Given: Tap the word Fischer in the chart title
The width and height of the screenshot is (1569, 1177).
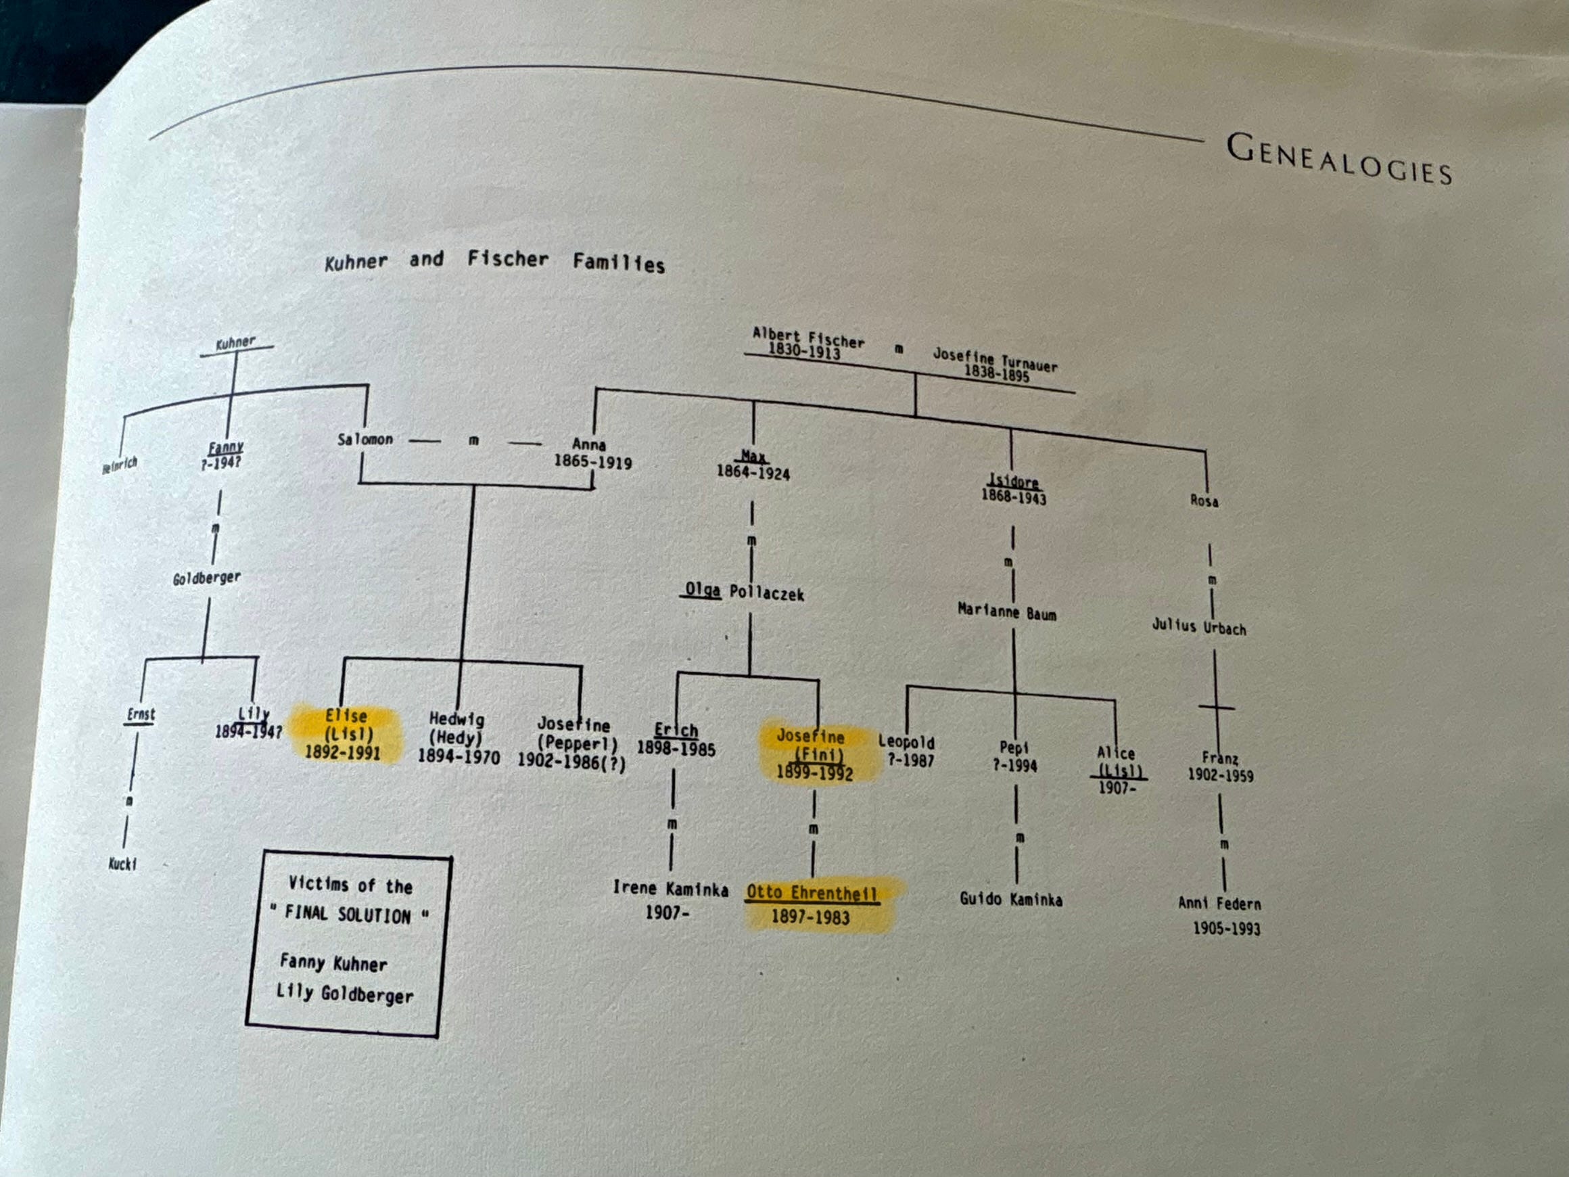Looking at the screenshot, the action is point(508,259).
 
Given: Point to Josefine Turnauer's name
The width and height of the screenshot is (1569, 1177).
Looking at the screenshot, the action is point(994,359).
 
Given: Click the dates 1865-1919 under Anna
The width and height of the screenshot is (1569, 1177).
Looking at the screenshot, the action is point(592,462).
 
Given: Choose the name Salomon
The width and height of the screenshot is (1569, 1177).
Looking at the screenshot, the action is point(365,439).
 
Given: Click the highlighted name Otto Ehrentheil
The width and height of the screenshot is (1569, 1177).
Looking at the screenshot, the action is point(812,892).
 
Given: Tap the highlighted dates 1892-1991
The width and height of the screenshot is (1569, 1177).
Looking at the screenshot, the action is point(343,752).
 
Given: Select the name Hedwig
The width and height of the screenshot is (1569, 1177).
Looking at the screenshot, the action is point(456,718).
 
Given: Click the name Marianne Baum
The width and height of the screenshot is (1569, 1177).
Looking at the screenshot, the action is point(1006,611).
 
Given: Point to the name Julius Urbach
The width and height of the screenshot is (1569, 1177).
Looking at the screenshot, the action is point(1199,626).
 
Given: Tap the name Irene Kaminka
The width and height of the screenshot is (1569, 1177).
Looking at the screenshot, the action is point(670,888).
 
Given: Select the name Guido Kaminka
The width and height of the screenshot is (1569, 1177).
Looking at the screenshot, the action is point(1011,899).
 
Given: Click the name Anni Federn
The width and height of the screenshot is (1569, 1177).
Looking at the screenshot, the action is point(1219,903).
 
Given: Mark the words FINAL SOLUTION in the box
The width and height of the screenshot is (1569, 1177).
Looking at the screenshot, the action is point(348,914).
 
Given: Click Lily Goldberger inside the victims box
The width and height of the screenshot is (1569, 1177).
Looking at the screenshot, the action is point(345,993).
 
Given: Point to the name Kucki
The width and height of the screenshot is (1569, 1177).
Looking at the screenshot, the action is point(122,863).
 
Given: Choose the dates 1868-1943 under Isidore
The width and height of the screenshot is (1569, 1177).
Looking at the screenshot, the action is point(1014,497).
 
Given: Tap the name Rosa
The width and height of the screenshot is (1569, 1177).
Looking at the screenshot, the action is point(1204,501).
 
